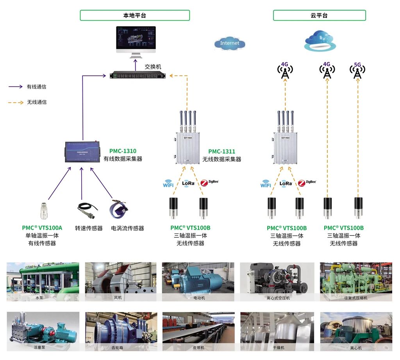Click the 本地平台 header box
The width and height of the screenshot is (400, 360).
pyautogui.click(x=135, y=16)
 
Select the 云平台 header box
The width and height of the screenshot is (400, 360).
pyautogui.click(x=319, y=16)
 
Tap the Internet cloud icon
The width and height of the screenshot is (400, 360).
pyautogui.click(x=230, y=43)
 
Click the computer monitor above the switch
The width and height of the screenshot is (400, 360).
pyautogui.click(x=136, y=40)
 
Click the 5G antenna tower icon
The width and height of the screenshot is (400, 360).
pyautogui.click(x=357, y=71)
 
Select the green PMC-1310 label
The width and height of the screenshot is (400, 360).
pyautogui.click(x=123, y=151)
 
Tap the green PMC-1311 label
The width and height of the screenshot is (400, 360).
pyautogui.click(x=221, y=151)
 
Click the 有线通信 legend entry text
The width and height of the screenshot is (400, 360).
pyautogui.click(x=36, y=87)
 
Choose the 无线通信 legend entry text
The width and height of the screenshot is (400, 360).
pyautogui.click(x=36, y=102)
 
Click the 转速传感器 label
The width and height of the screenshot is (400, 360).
pyautogui.click(x=89, y=228)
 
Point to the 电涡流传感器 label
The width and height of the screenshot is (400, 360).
pyautogui.click(x=127, y=228)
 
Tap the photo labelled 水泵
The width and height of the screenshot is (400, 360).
pyautogui.click(x=43, y=281)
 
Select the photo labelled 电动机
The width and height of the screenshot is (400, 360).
pyautogui.click(x=198, y=281)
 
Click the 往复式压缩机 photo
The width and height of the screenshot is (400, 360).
pyautogui.click(x=356, y=281)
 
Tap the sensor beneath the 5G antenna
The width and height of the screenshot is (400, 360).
pyautogui.click(x=358, y=207)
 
